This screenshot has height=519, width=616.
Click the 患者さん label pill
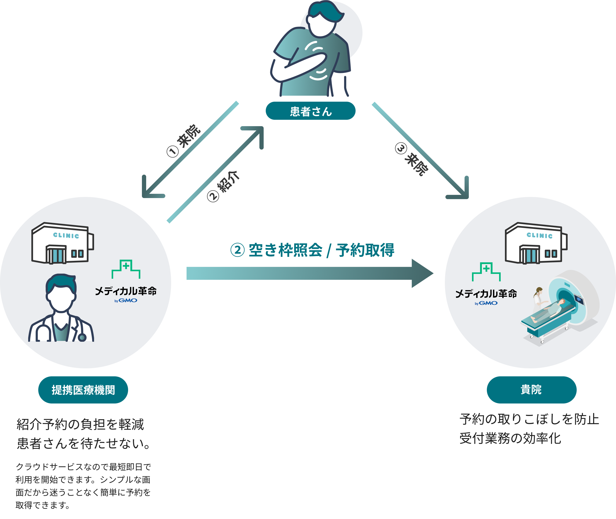click(310, 111)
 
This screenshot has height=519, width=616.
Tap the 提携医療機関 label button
click(83, 390)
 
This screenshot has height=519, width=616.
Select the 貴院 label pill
click(531, 390)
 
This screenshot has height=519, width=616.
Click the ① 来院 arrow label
click(184, 140)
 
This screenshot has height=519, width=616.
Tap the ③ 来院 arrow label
click(411, 159)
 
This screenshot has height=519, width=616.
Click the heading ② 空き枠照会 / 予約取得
click(312, 250)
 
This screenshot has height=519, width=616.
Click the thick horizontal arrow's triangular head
click(421, 273)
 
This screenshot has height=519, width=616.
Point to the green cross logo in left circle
click(126, 269)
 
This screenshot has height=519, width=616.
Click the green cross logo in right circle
click(486, 271)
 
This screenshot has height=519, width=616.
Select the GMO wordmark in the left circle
click(128, 300)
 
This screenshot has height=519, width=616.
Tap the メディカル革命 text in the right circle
click(486, 294)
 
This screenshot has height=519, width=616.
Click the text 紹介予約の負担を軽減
click(80, 424)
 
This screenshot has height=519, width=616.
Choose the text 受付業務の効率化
click(510, 438)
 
